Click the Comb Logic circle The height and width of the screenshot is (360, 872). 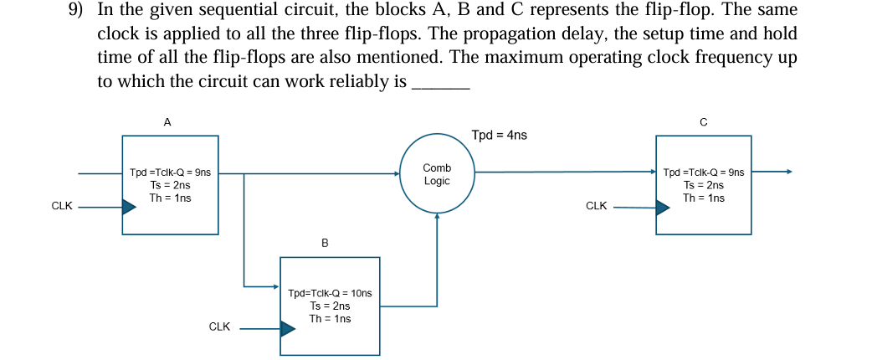pyautogui.click(x=437, y=174)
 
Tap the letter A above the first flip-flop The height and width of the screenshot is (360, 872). pyautogui.click(x=167, y=122)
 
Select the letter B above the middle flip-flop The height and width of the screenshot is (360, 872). pyautogui.click(x=325, y=243)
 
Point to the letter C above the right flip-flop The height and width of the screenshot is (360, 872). pyautogui.click(x=703, y=122)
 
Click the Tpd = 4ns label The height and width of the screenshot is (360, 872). pyautogui.click(x=500, y=135)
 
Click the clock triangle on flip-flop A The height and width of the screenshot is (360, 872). pyautogui.click(x=129, y=206)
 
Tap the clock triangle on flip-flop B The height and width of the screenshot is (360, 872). pyautogui.click(x=288, y=328)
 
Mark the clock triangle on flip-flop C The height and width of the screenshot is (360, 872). pyautogui.click(x=662, y=206)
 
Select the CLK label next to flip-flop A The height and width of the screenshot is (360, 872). pyautogui.click(x=62, y=206)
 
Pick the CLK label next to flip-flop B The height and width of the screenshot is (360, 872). pyautogui.click(x=219, y=327)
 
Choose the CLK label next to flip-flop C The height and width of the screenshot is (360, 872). pyautogui.click(x=597, y=206)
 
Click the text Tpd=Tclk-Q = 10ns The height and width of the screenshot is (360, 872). pyautogui.click(x=330, y=293)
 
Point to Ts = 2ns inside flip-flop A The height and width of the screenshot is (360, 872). pyautogui.click(x=170, y=185)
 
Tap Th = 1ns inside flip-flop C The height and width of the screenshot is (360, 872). pyautogui.click(x=704, y=198)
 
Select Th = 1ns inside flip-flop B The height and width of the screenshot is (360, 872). pyautogui.click(x=330, y=319)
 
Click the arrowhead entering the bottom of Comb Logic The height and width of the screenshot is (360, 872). pyautogui.click(x=437, y=216)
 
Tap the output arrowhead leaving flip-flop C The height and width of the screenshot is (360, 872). pyautogui.click(x=787, y=172)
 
